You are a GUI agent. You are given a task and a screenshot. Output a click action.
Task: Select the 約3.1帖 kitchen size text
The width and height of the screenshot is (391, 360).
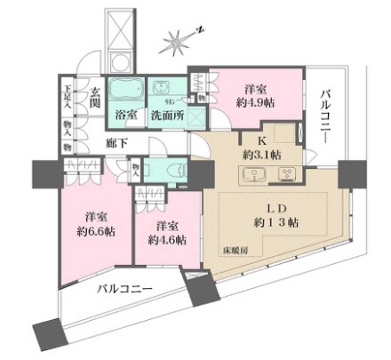coord(263,154)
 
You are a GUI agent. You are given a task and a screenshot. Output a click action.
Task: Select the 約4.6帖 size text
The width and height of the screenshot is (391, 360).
coord(167,239)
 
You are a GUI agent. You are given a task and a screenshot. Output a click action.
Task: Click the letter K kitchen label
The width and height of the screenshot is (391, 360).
coord(263,140)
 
